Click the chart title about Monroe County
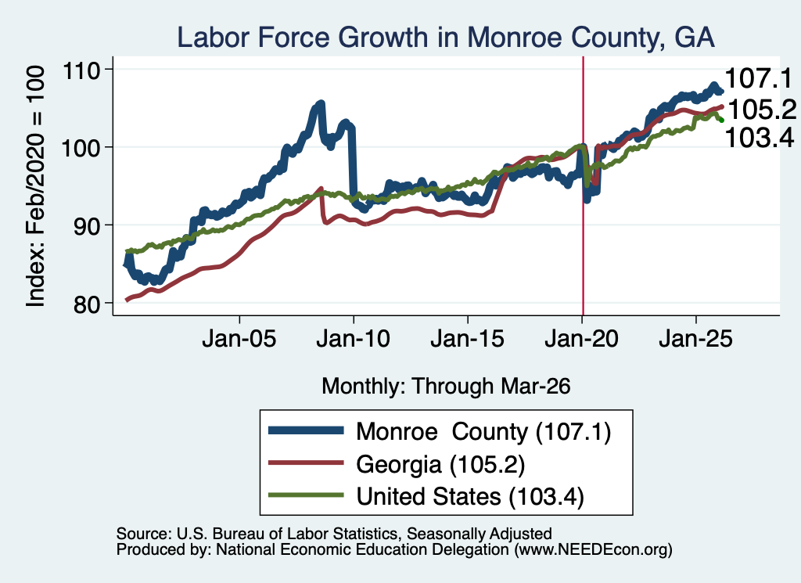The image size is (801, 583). (445, 38)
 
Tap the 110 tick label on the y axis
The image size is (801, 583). (81, 70)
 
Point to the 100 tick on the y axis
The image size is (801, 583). (81, 148)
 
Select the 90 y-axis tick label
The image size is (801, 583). (86, 226)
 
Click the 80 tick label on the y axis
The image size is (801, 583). (86, 304)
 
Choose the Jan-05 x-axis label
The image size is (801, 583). (239, 339)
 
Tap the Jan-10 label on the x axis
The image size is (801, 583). (354, 339)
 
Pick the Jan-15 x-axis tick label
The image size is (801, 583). (468, 339)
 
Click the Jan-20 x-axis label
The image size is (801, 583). (582, 339)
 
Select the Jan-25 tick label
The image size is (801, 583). (695, 339)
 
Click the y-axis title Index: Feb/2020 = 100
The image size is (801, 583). (35, 186)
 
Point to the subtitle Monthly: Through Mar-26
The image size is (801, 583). (446, 387)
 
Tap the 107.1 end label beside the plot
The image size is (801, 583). (758, 79)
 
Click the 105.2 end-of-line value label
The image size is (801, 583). (762, 110)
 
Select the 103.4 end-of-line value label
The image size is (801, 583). (759, 138)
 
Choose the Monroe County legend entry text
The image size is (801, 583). (483, 432)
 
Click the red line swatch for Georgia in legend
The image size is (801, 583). (306, 463)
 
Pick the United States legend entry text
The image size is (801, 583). (470, 497)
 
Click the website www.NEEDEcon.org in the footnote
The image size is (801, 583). (593, 550)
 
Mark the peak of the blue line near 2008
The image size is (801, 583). (321, 104)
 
